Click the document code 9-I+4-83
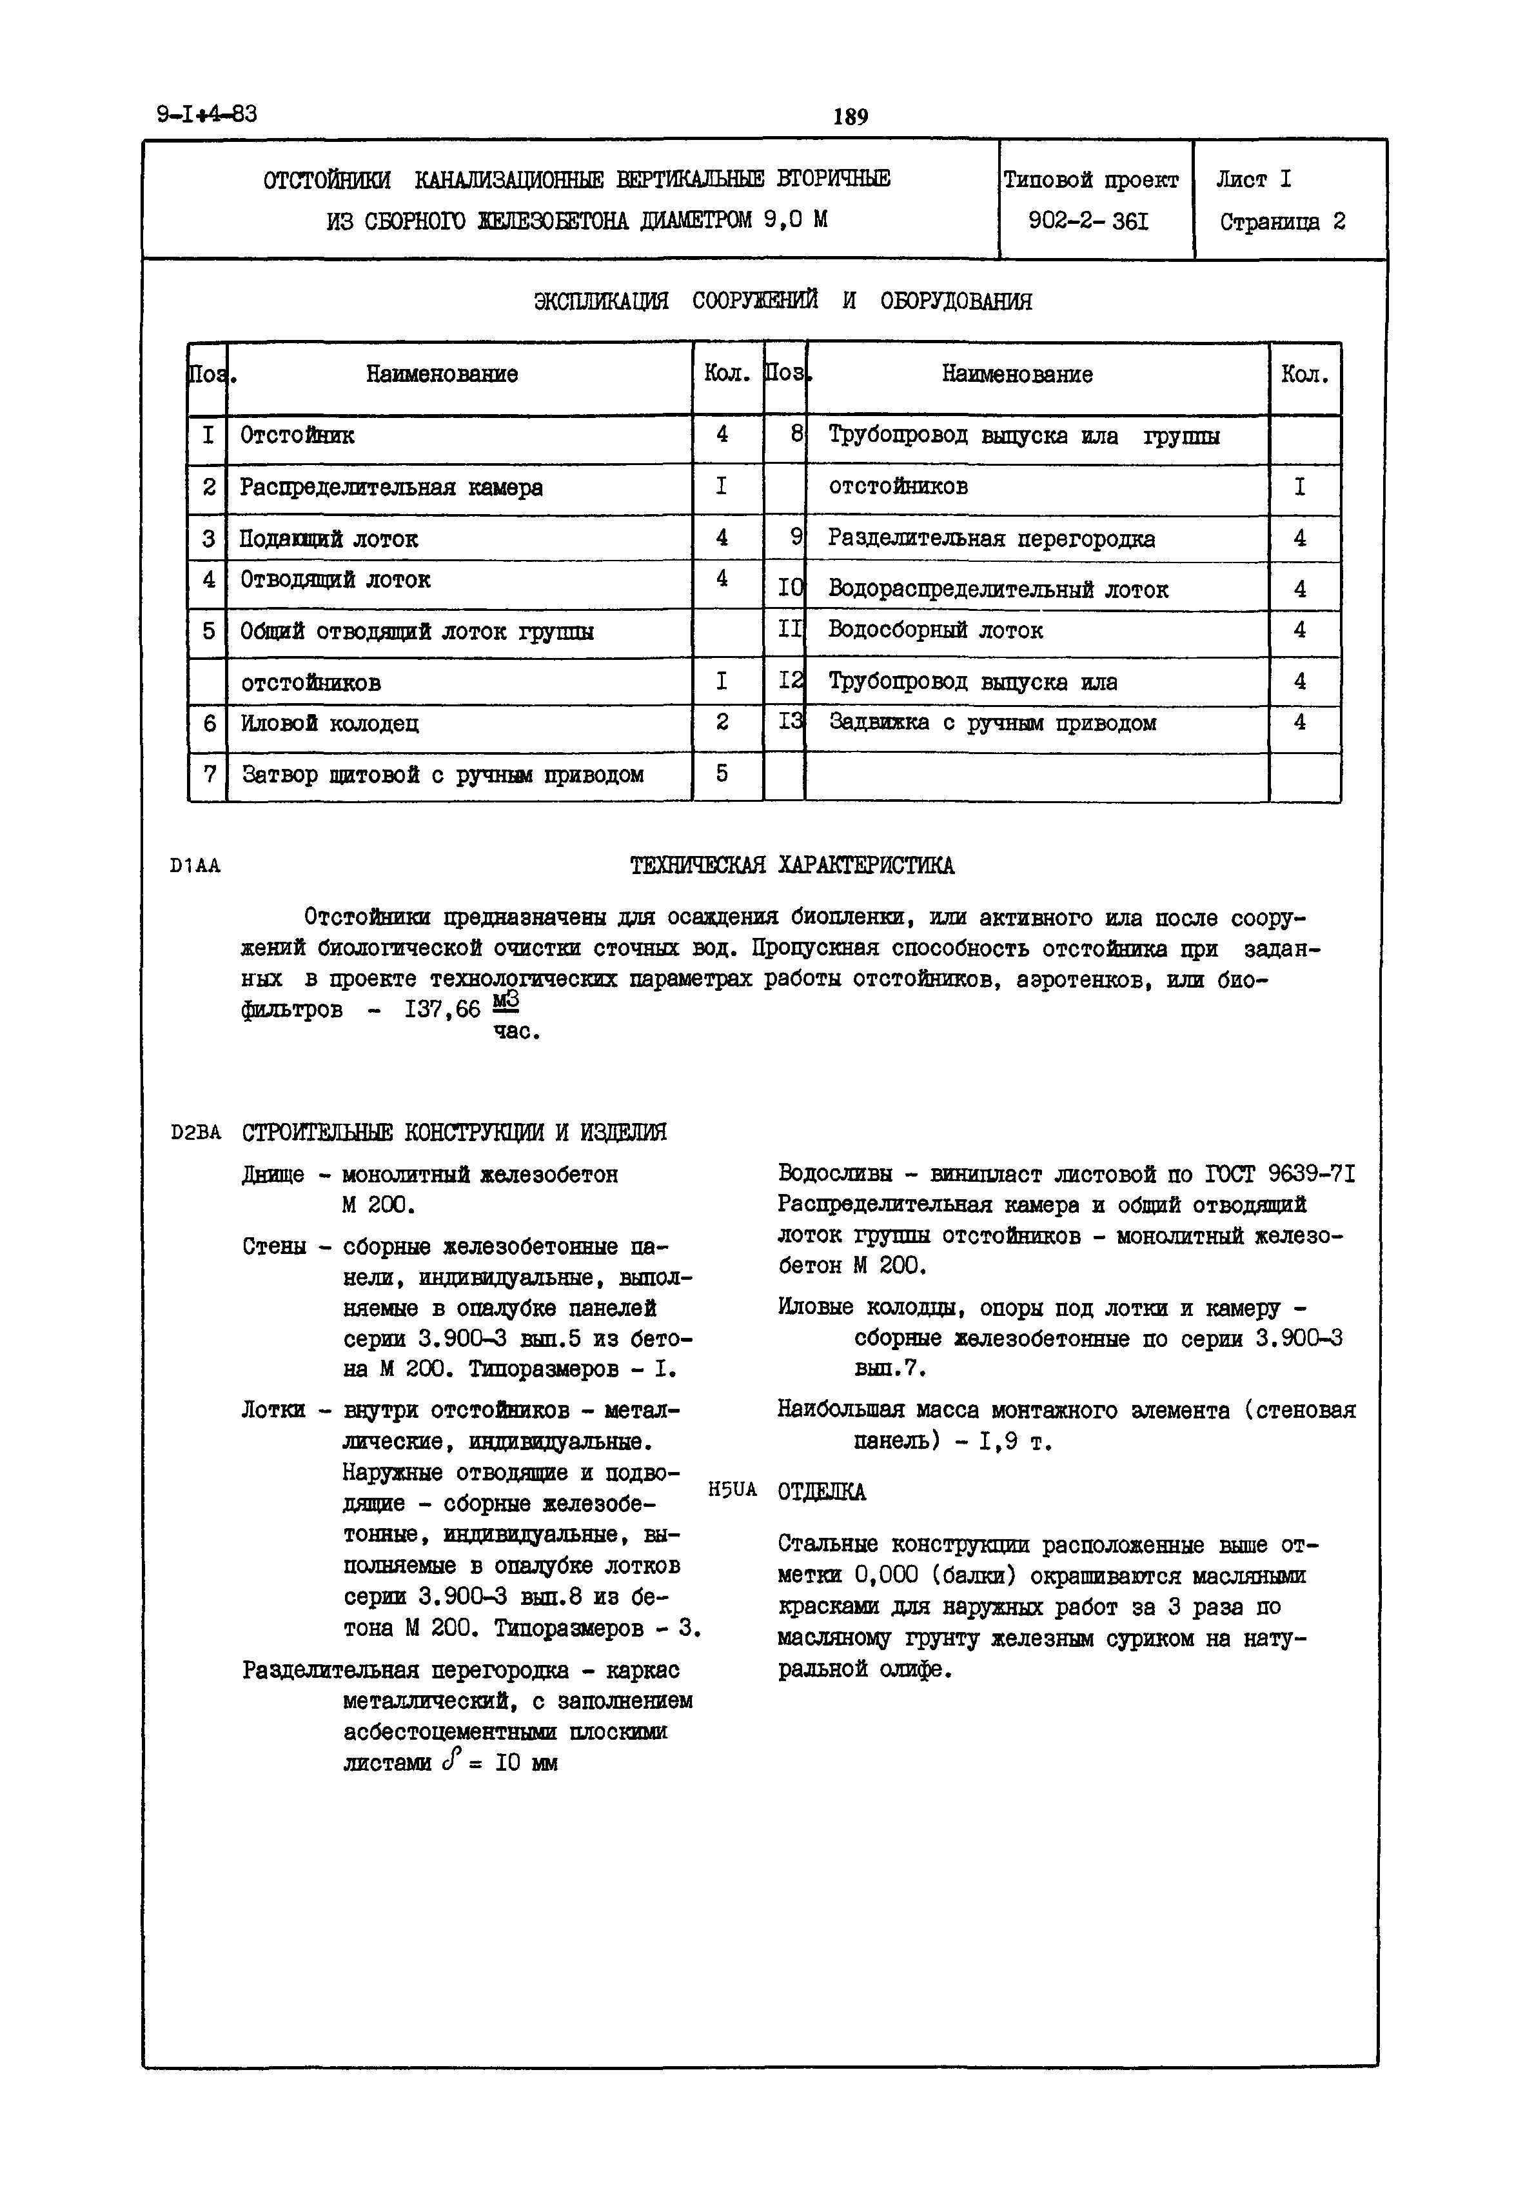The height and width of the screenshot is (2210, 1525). (206, 115)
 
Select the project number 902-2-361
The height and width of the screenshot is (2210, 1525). (1088, 222)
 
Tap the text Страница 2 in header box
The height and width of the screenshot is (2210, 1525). (1283, 223)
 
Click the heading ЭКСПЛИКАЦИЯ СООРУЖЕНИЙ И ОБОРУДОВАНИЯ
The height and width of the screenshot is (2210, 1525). (783, 301)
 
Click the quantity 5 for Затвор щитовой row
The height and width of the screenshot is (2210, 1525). (722, 773)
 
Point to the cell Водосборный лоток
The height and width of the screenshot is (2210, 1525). (936, 631)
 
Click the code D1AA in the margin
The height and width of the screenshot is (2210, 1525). (195, 866)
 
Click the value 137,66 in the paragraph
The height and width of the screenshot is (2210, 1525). (442, 1010)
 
